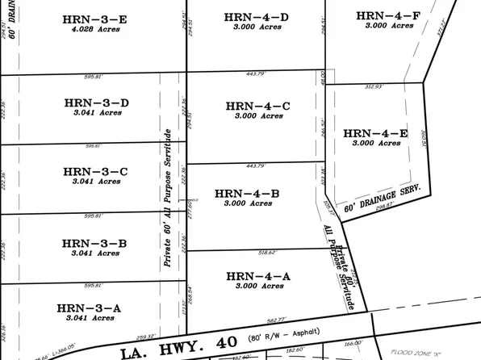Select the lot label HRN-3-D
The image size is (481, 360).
[x=96, y=103]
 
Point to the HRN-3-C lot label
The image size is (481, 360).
[x=95, y=171]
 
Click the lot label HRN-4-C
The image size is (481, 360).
[x=257, y=106]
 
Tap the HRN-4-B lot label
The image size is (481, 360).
[x=247, y=193]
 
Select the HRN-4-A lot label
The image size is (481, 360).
[x=257, y=274]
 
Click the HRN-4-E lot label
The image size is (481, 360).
[x=375, y=132]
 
